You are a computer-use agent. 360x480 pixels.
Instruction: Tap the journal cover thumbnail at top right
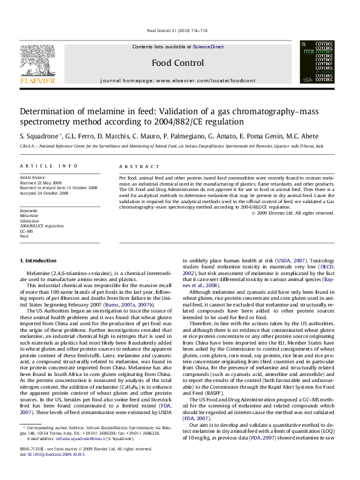[x=316, y=62]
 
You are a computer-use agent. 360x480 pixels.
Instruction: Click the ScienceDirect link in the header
[x=208, y=47]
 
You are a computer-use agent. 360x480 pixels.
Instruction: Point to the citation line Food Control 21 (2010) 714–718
[x=177, y=31]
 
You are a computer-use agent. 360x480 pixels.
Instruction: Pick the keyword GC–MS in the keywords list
[x=27, y=231]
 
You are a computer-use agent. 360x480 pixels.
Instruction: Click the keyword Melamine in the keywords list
[x=29, y=215]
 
